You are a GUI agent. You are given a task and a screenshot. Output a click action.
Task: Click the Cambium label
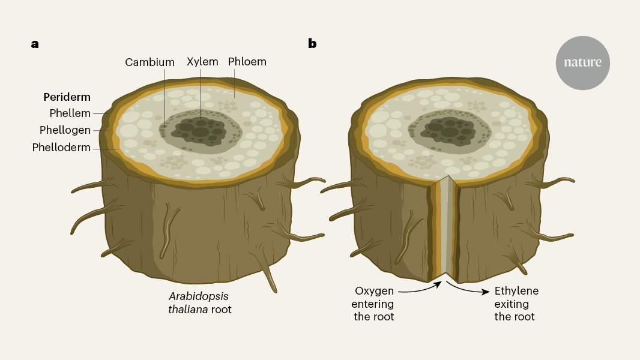tap(150, 62)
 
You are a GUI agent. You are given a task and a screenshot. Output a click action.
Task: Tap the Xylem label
tap(202, 62)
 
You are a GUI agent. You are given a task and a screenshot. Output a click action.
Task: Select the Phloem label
tap(247, 62)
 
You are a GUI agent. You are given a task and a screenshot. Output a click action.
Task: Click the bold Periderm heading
tap(67, 97)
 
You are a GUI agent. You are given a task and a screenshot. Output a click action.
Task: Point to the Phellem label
tap(70, 113)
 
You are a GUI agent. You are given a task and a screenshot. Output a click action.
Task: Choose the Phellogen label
tap(65, 130)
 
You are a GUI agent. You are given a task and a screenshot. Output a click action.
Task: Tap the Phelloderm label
tap(61, 147)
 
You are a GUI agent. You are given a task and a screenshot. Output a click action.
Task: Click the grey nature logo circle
tap(582, 63)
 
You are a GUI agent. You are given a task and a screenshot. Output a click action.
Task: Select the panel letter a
tap(35, 44)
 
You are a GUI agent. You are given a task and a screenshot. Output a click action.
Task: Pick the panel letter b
tap(312, 43)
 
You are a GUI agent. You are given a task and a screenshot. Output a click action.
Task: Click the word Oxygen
tap(374, 291)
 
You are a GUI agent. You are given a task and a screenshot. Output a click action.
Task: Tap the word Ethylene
tap(516, 290)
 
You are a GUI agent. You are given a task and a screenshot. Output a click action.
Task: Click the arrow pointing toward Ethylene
tap(467, 289)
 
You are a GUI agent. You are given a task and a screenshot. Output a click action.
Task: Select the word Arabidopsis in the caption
tap(199, 296)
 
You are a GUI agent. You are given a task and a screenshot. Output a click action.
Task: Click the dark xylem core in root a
tap(199, 131)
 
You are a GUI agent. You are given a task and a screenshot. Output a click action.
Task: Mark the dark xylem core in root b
tap(448, 131)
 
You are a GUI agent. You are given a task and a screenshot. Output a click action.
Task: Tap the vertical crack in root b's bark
tap(444, 231)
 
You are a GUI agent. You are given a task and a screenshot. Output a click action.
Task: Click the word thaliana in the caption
tap(188, 310)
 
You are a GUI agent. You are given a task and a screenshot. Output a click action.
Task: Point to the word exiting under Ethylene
tap(512, 304)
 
